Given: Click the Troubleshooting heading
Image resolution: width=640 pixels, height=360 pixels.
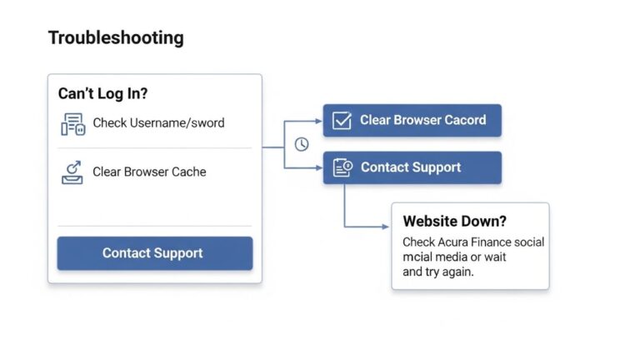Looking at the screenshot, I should (x=116, y=38).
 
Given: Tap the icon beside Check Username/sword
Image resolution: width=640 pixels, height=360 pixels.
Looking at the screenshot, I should (x=73, y=123).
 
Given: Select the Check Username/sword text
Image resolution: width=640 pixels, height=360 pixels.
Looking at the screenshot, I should (x=158, y=123).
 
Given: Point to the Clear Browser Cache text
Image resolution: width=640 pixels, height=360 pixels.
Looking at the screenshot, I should (x=149, y=172).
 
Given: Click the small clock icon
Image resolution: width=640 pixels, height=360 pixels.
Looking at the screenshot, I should (x=302, y=144).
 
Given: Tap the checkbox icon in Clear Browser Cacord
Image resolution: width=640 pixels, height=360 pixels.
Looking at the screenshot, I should (x=342, y=121).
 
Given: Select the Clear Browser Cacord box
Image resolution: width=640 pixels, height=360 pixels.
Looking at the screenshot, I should (x=412, y=121).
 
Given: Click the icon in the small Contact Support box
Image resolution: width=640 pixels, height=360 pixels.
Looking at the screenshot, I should (x=342, y=168).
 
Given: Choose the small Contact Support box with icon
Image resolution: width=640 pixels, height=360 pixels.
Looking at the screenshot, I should (x=412, y=168).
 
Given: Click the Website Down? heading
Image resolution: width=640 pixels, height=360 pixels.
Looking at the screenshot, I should (x=454, y=222).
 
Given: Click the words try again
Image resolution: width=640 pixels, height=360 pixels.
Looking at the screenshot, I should (x=448, y=272).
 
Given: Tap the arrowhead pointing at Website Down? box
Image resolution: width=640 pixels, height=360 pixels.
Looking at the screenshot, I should (x=385, y=227).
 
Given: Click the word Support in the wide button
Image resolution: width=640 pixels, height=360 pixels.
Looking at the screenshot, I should (x=177, y=252).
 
